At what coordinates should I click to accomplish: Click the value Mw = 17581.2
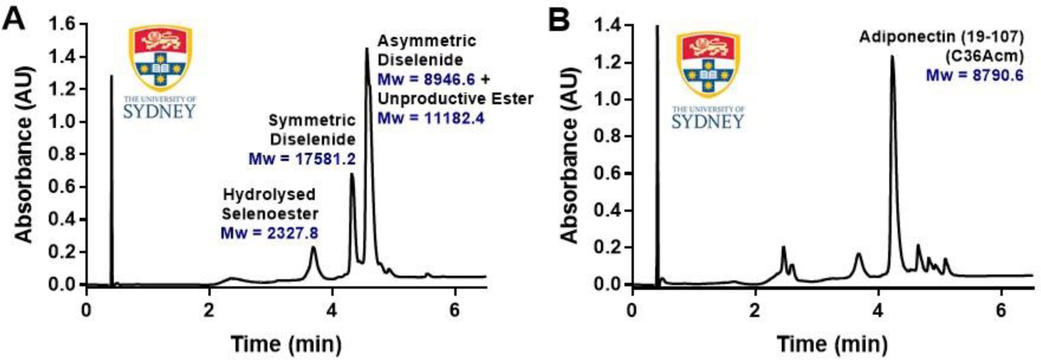point(302,159)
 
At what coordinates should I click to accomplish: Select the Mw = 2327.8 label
point(269,233)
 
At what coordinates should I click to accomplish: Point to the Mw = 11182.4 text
point(431,118)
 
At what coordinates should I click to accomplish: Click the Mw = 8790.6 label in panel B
point(974,75)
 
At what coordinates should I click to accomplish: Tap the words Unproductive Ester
point(455,99)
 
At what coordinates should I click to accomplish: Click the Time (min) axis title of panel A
point(286,343)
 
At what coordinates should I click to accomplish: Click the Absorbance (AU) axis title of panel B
point(569,155)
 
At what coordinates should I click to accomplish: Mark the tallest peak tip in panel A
point(367,49)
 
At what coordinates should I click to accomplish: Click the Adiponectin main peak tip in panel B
point(892,57)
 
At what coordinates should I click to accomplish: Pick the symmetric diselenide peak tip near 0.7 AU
point(352,174)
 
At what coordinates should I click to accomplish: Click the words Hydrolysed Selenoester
point(270,204)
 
